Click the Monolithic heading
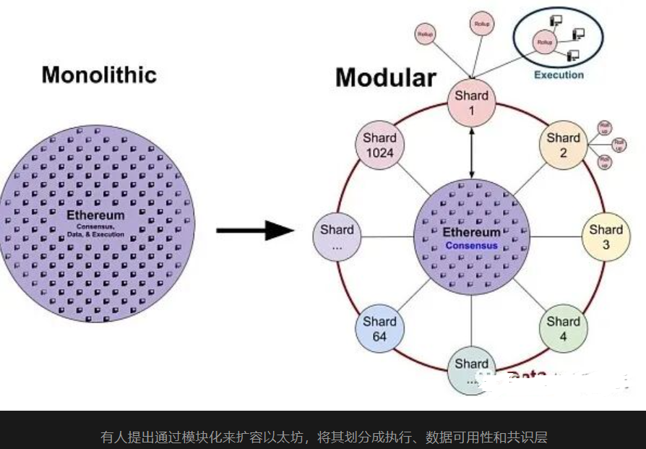pos(99,74)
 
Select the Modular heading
pos(386,77)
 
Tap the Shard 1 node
pos(471,103)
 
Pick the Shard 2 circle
pos(563,145)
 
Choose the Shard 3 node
pos(606,237)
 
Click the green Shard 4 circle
pos(563,329)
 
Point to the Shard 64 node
pos(379,329)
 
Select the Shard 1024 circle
pos(379,145)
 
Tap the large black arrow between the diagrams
pos(255,231)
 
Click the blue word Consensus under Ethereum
pos(471,246)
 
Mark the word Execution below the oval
pos(559,74)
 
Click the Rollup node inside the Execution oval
pos(544,43)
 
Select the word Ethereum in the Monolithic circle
pos(95,215)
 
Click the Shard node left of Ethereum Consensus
pos(337,237)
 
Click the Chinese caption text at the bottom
pos(323,437)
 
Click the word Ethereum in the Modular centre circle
pos(471,232)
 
